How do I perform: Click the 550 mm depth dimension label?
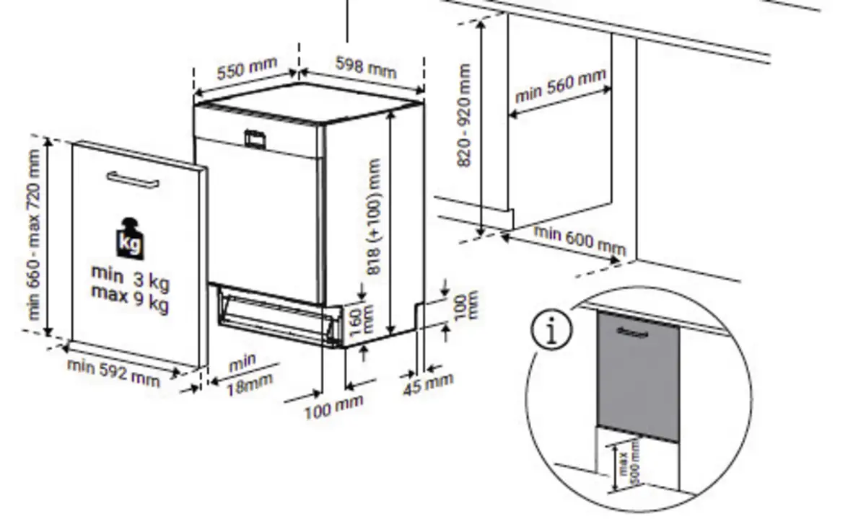(x=247, y=68)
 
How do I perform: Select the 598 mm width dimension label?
(x=366, y=68)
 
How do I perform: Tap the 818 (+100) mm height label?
(x=375, y=217)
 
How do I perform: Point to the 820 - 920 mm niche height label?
(x=464, y=115)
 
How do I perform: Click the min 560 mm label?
(x=561, y=86)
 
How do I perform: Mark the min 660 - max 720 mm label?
(x=34, y=235)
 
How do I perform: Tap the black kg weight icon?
(x=130, y=239)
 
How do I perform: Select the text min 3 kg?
(x=131, y=277)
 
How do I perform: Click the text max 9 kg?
(x=130, y=298)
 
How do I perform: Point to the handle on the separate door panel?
(x=133, y=179)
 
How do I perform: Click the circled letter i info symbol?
(x=551, y=330)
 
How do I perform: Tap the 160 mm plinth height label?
(x=361, y=320)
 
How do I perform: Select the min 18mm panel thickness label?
(x=248, y=375)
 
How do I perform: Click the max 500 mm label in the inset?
(x=629, y=463)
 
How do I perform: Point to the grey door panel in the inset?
(x=638, y=376)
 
